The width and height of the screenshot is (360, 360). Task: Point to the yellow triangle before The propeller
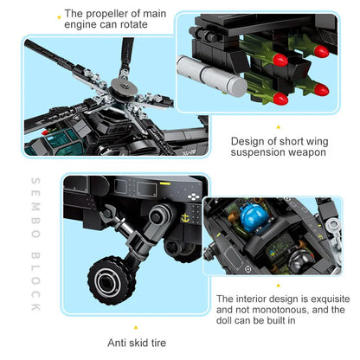[x=58, y=16]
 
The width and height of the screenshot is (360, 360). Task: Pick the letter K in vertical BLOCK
[x=34, y=306]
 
